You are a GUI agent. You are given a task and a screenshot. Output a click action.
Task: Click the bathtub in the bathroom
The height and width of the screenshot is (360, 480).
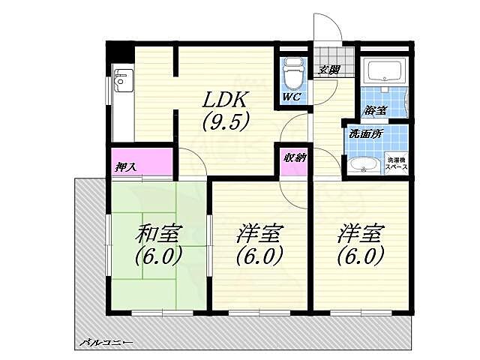384,73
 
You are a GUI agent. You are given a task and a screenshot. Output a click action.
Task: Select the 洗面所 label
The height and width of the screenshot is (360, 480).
365,133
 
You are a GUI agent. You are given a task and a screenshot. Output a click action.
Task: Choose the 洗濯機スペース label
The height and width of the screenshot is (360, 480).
397,164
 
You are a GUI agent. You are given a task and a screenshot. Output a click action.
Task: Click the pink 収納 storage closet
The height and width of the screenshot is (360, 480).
292,160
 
